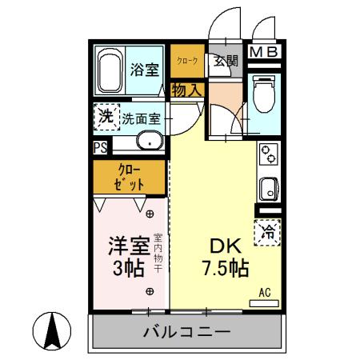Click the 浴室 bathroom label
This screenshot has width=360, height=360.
[144, 69]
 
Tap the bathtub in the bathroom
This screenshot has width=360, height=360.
[109, 70]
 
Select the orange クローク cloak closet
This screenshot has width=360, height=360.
[186, 61]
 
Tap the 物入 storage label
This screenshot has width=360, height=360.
[186, 90]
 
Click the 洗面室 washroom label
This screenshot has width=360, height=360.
[142, 119]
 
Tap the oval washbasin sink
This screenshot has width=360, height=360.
[149, 142]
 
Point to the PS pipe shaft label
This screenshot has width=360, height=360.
[100, 148]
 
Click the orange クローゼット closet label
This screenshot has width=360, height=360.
[130, 177]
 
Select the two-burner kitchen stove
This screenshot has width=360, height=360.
[269, 154]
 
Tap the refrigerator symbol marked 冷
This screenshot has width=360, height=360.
[269, 232]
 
